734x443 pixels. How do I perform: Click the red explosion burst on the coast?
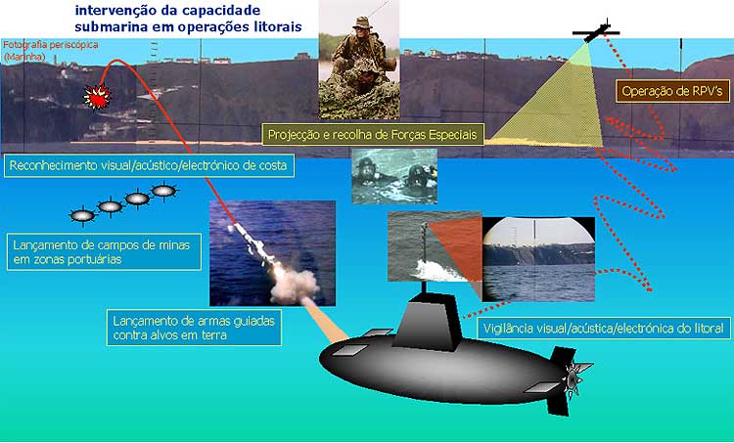[97, 97]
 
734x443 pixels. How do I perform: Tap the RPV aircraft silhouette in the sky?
[596, 32]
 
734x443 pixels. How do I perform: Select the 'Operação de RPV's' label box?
[672, 91]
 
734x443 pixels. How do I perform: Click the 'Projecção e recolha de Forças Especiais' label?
[372, 135]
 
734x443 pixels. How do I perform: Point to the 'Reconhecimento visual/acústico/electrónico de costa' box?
[149, 165]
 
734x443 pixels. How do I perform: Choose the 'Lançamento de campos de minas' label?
[104, 252]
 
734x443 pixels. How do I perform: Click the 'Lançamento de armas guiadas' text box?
[194, 328]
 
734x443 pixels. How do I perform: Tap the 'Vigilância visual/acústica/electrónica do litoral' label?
[604, 328]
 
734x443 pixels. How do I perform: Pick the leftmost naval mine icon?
[83, 216]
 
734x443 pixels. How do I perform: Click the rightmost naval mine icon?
[163, 191]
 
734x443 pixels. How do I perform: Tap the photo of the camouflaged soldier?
[359, 60]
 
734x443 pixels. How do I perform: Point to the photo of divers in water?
[394, 176]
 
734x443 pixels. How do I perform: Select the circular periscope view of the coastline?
[538, 259]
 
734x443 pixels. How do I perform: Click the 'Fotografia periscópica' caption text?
[51, 45]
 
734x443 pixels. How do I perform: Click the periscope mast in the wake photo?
[425, 244]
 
